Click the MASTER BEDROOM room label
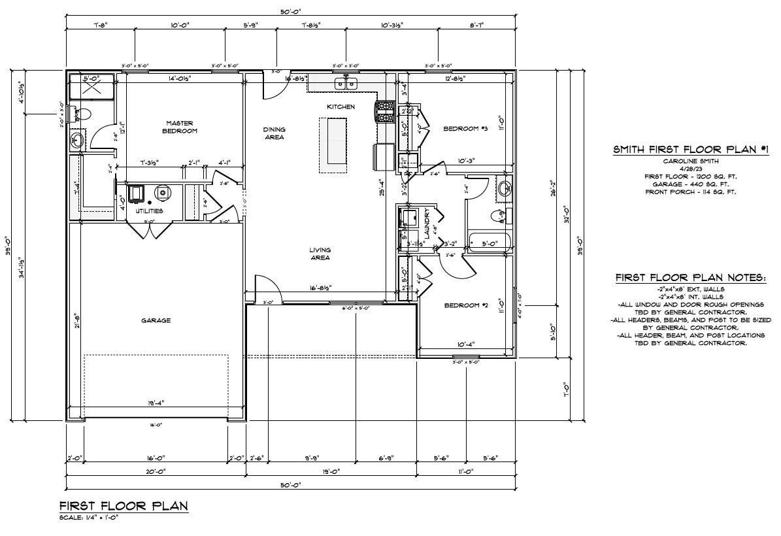click(x=179, y=127)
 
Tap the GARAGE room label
click(x=156, y=320)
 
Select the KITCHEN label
click(x=341, y=107)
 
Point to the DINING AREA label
click(x=274, y=133)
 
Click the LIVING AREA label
click(x=320, y=254)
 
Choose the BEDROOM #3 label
click(x=465, y=129)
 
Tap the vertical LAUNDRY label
click(x=427, y=223)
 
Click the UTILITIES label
click(x=149, y=211)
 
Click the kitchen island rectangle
click(x=333, y=144)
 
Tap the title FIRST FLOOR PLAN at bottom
click(x=124, y=506)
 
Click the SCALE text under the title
click(x=89, y=517)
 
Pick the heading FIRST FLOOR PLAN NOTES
click(x=690, y=278)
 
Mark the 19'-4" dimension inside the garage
click(x=156, y=403)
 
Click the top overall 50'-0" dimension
click(x=291, y=10)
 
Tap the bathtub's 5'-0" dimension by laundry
click(x=490, y=244)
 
